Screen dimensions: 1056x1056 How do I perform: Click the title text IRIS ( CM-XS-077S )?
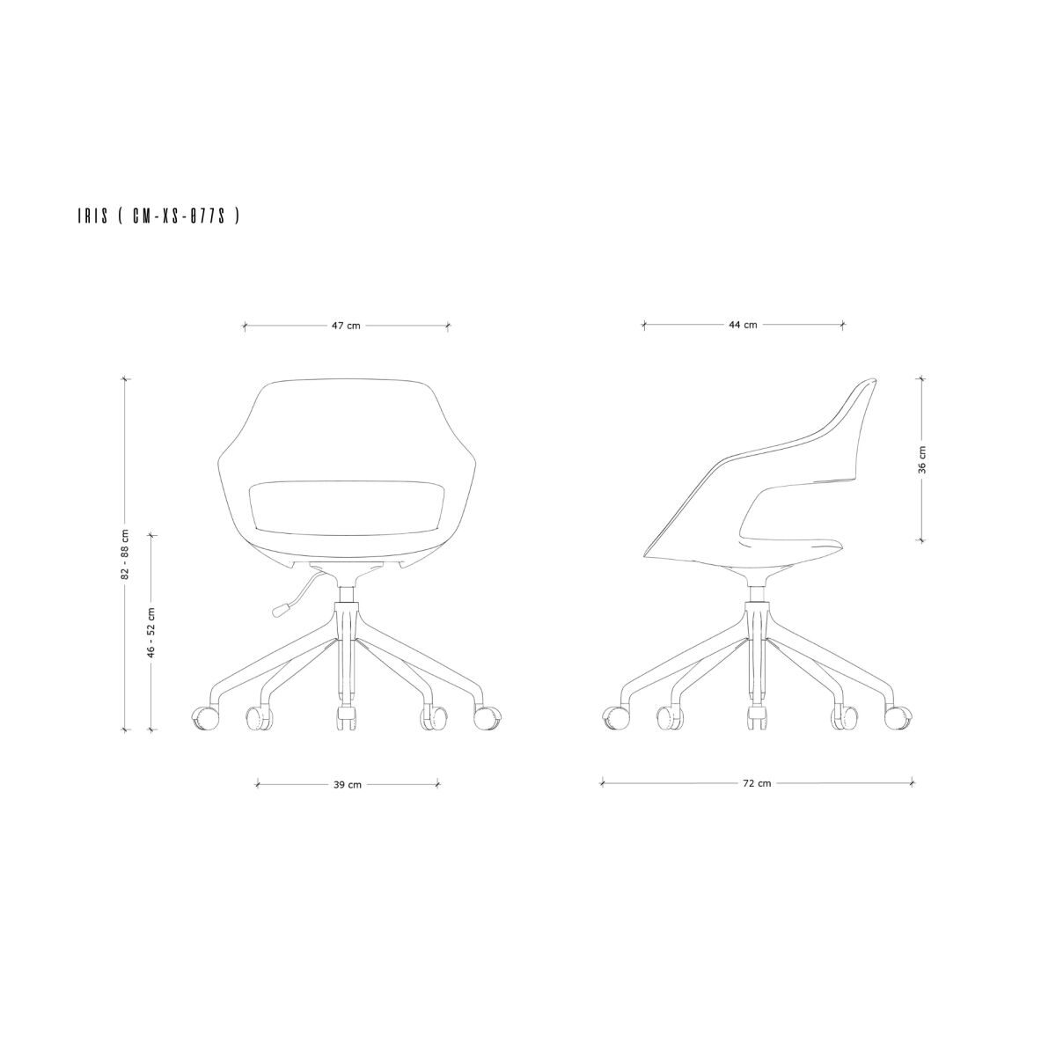point(158,216)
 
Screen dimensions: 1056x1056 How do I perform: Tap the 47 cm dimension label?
point(346,326)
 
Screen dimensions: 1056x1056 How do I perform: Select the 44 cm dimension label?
point(743,325)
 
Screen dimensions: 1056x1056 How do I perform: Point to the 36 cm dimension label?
point(922,459)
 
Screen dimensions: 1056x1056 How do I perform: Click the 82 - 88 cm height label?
point(126,554)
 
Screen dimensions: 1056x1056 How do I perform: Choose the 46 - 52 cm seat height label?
point(151,632)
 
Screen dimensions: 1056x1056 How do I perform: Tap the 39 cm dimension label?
point(348,785)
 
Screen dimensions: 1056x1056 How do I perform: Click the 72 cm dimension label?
point(757,784)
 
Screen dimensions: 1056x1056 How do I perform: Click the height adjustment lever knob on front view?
point(280,609)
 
